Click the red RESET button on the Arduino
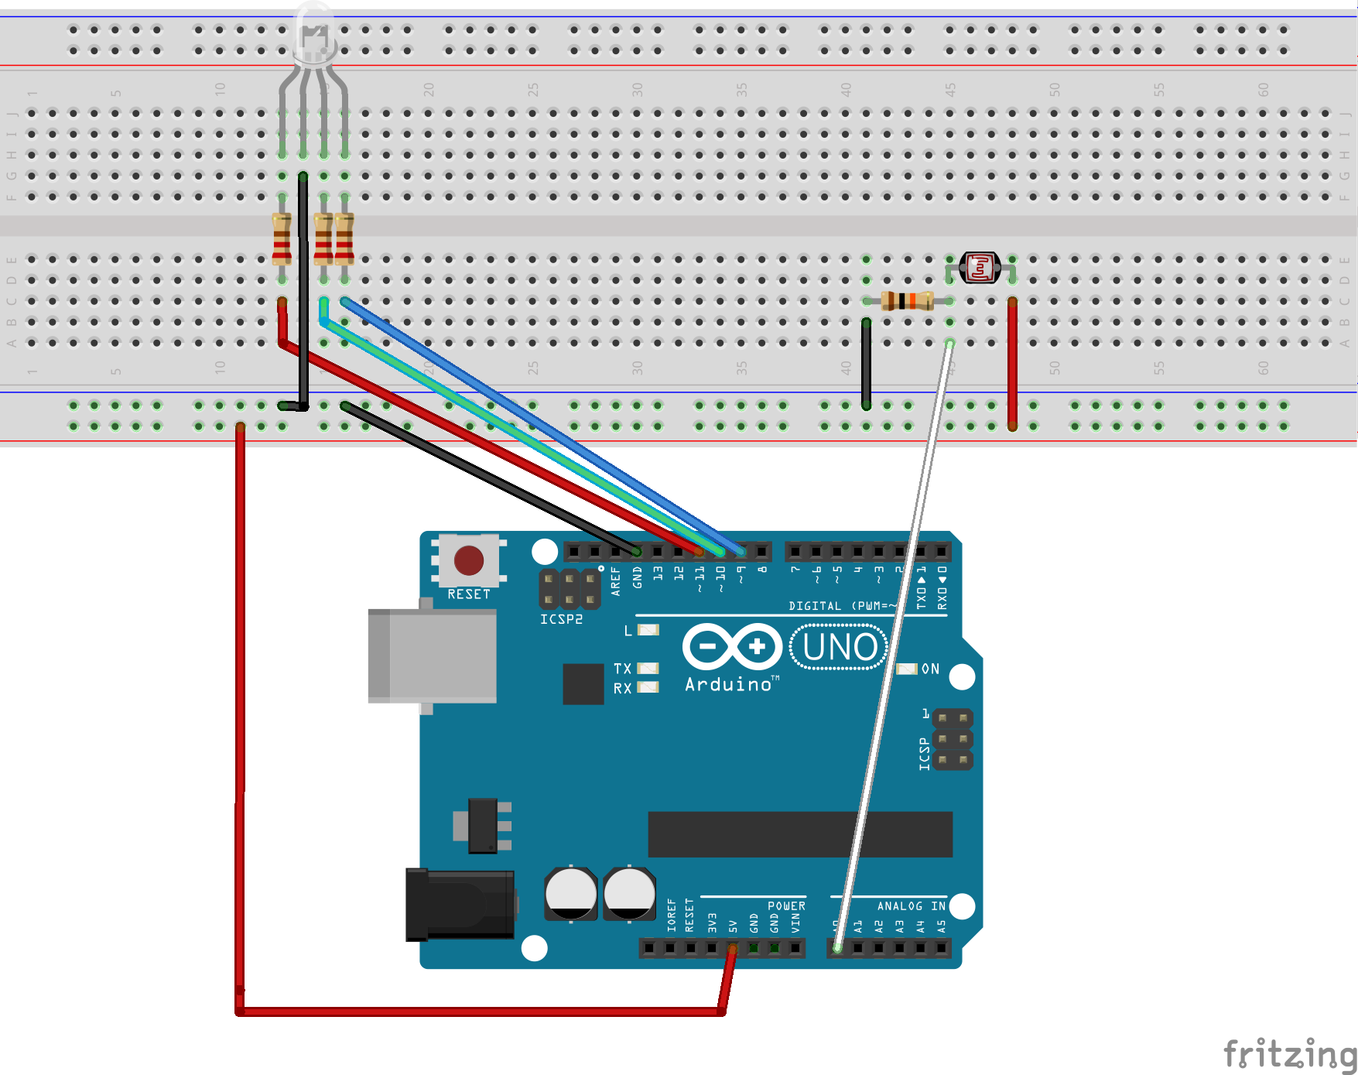pyautogui.click(x=469, y=560)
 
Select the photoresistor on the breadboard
pyautogui.click(x=980, y=268)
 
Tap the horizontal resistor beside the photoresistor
pyautogui.click(x=907, y=300)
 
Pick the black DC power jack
pyautogui.click(x=460, y=904)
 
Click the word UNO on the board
pyautogui.click(x=840, y=647)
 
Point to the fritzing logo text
pyautogui.click(x=1289, y=1054)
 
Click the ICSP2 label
pyautogui.click(x=561, y=619)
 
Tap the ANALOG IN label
pyautogui.click(x=911, y=906)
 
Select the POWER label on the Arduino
pyautogui.click(x=786, y=906)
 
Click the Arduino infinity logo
pyautogui.click(x=732, y=646)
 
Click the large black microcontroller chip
pyautogui.click(x=799, y=834)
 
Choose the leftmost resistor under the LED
pyautogui.click(x=282, y=239)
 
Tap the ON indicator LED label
pyautogui.click(x=930, y=669)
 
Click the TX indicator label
pyautogui.click(x=622, y=668)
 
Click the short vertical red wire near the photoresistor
pyautogui.click(x=1012, y=364)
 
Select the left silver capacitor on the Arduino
pyautogui.click(x=570, y=893)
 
